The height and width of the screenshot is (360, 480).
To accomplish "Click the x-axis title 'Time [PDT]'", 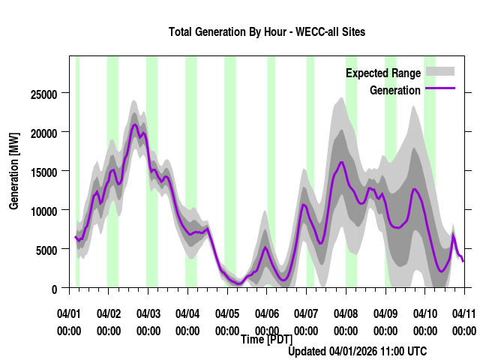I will tap(266, 340).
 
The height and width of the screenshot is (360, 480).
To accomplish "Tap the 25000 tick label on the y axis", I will tap(43, 94).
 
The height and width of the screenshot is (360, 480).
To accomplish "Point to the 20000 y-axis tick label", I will tap(43, 133).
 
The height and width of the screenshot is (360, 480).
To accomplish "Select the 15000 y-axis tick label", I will tap(43, 172).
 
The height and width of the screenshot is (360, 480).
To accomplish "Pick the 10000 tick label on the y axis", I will tap(43, 211).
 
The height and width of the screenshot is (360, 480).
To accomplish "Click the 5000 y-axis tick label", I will tap(46, 250).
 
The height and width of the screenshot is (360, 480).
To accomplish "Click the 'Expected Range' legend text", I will tap(383, 73).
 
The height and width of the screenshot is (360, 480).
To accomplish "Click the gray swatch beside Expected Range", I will tap(440, 72).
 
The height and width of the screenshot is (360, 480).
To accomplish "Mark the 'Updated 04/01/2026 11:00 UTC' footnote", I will tap(357, 351).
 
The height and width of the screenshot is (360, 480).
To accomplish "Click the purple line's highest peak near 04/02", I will tap(135, 124).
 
